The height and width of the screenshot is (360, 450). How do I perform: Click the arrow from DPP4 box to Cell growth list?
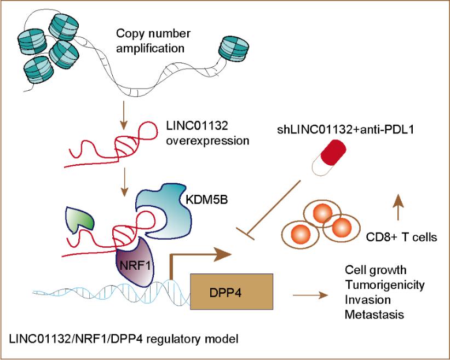[310, 296]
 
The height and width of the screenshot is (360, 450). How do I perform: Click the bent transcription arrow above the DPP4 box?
[197, 254]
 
